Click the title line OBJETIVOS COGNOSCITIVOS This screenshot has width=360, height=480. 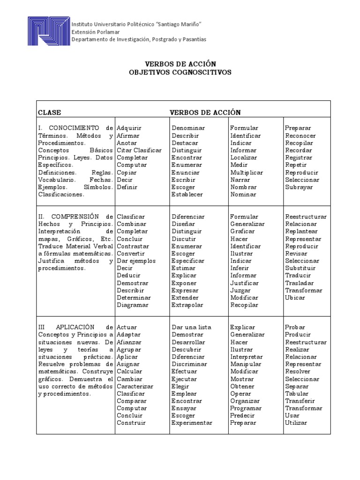(180, 73)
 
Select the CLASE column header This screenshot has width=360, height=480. (49, 112)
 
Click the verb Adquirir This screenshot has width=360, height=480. (129, 128)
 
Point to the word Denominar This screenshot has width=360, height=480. (188, 128)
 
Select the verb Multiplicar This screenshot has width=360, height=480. (247, 172)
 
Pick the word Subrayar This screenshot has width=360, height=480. (299, 187)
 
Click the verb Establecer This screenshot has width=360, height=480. (187, 195)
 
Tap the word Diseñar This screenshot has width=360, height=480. (183, 224)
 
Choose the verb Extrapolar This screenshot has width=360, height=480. (187, 305)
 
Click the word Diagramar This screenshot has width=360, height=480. (132, 305)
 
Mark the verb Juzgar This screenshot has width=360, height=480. (240, 290)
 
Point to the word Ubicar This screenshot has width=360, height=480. (295, 298)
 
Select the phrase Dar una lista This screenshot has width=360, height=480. (191, 327)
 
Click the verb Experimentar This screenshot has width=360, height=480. (192, 423)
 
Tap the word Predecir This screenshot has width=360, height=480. (242, 415)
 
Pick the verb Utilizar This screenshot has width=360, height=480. (296, 423)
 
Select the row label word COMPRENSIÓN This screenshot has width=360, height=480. (75, 217)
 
